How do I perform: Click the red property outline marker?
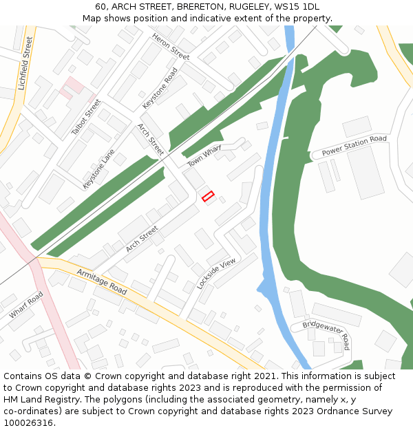208,196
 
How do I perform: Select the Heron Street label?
171,46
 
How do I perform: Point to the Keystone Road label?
160,88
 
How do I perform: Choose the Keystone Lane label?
98,169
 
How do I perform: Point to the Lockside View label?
215,272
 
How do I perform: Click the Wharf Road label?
26,305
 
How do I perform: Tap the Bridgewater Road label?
326,333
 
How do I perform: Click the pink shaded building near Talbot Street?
72,87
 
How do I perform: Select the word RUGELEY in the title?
247,7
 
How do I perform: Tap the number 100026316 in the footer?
28,423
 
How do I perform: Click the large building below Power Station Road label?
366,172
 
